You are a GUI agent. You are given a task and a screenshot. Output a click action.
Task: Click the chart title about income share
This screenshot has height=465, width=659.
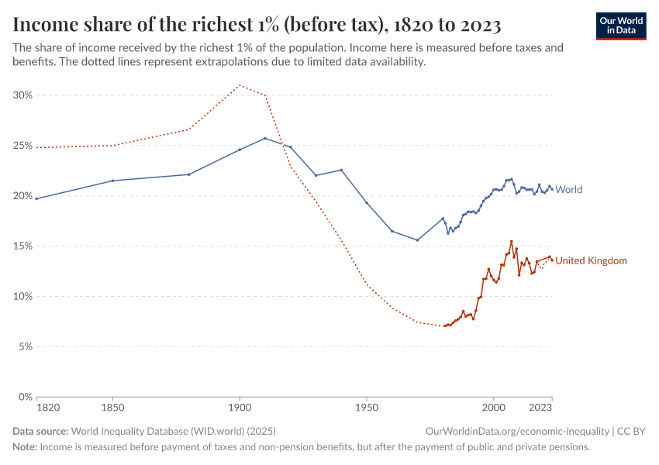point(257,25)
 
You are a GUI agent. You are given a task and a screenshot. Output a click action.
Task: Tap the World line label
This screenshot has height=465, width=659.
point(569,189)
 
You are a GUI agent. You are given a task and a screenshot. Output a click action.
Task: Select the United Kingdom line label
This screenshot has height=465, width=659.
point(592,260)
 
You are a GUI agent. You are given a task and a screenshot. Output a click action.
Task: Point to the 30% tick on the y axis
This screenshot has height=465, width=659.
point(22,95)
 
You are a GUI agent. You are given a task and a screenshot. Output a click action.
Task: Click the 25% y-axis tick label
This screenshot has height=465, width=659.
point(22,146)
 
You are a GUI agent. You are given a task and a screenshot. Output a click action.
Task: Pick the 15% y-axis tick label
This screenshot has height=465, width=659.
point(22,246)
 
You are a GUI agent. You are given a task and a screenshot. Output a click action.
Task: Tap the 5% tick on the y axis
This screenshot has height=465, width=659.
point(25,347)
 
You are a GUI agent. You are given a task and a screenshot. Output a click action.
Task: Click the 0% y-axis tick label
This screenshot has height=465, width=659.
point(25,397)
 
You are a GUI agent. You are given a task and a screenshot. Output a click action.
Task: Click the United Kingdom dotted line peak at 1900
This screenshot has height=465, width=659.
point(240,85)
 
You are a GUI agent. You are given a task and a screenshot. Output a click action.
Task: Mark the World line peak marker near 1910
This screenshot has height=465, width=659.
point(265,138)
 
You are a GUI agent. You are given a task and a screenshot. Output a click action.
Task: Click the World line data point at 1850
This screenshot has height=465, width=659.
point(112,181)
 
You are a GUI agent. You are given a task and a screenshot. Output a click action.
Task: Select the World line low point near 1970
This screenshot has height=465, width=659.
point(417,240)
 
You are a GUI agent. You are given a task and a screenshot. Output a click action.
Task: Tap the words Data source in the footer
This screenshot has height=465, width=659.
point(40,431)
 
